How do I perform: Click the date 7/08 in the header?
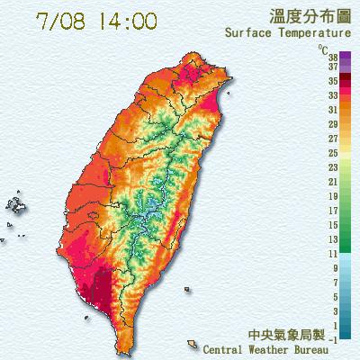[63, 21]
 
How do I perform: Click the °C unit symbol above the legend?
[322, 48]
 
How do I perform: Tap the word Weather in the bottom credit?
[265, 347]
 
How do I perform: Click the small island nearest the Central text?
[193, 344]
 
